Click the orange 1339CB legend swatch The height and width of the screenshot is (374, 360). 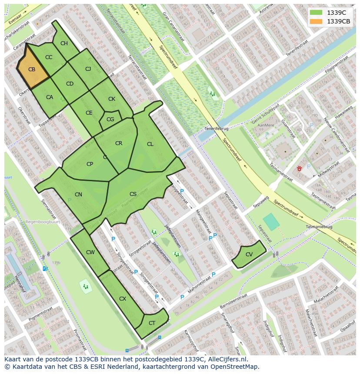point(316,21)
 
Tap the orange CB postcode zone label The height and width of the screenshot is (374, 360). point(32,70)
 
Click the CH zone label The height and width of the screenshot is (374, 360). point(64,43)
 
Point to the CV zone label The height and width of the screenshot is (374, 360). point(249,255)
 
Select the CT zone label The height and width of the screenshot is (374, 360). point(152,323)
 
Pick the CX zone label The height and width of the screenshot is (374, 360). point(123,299)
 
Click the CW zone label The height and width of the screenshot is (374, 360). point(90,252)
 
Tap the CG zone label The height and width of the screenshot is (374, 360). point(110,119)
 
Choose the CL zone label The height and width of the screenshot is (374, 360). point(150,144)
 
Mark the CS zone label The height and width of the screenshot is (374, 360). point(133,194)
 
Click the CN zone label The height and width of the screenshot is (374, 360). point(78,195)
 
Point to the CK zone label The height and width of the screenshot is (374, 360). point(112,99)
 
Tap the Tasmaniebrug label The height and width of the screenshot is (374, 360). point(319,227)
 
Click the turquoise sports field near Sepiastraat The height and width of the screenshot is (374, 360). point(271,222)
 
